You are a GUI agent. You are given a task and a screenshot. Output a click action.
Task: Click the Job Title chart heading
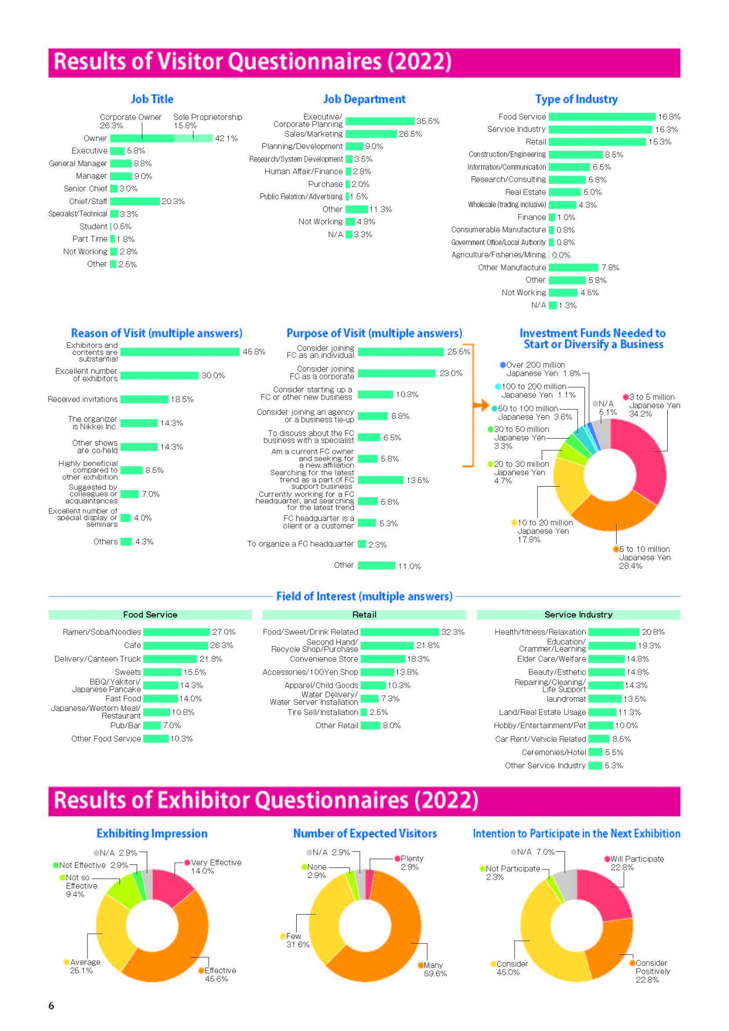(x=152, y=99)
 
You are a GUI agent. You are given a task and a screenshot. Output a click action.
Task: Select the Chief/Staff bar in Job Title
(x=135, y=202)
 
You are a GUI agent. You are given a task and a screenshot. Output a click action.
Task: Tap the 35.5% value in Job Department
(x=428, y=122)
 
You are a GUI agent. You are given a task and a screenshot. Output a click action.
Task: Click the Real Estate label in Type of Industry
(x=525, y=192)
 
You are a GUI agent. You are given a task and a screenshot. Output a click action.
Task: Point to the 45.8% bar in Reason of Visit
(x=180, y=352)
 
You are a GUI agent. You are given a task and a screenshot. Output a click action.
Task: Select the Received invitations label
(x=83, y=400)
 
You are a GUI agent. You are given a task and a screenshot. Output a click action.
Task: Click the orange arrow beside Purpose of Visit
(x=480, y=405)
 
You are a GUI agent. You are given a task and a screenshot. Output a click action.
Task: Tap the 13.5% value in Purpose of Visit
(x=418, y=480)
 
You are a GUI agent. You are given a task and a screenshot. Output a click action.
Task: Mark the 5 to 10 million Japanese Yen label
(x=644, y=558)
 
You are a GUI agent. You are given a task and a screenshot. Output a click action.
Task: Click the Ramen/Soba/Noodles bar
(x=176, y=632)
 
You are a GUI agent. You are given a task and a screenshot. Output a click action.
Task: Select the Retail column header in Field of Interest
(x=364, y=615)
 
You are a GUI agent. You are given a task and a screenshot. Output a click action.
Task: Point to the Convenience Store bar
(x=383, y=659)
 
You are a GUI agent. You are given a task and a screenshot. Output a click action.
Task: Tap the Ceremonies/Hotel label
(x=554, y=752)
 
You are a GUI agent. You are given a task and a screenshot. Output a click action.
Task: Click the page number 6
(x=51, y=1006)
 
